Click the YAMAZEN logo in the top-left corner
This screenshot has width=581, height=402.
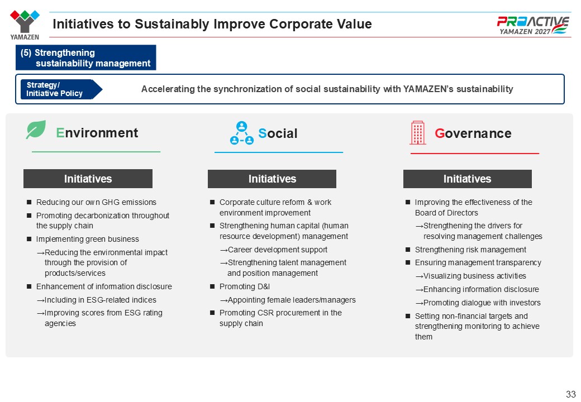tap(25, 25)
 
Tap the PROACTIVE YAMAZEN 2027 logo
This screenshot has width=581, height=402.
tap(533, 25)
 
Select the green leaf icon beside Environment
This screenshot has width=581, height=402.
tap(36, 130)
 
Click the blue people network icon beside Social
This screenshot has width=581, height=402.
tap(241, 133)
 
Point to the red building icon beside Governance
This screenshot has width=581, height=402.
tap(418, 132)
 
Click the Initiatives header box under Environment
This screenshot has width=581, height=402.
tap(88, 179)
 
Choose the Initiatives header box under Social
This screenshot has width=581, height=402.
tap(272, 179)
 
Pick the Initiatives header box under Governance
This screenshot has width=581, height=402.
tap(467, 179)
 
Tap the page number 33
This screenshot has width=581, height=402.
tap(570, 394)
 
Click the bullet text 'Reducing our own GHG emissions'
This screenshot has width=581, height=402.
tap(96, 202)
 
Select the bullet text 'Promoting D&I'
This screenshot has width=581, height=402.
tap(245, 286)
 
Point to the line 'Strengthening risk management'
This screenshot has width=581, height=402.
tap(470, 250)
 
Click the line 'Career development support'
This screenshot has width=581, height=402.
tap(274, 250)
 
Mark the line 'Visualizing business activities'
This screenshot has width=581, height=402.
tap(471, 276)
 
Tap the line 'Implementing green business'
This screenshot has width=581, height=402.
tap(88, 239)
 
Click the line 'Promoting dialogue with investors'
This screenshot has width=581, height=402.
tap(478, 303)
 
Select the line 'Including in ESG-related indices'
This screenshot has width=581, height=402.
tap(96, 300)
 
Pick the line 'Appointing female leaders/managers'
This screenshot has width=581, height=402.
tap(288, 300)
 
